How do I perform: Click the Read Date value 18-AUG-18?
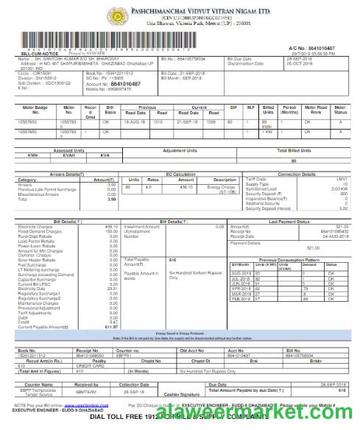click(135, 141)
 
